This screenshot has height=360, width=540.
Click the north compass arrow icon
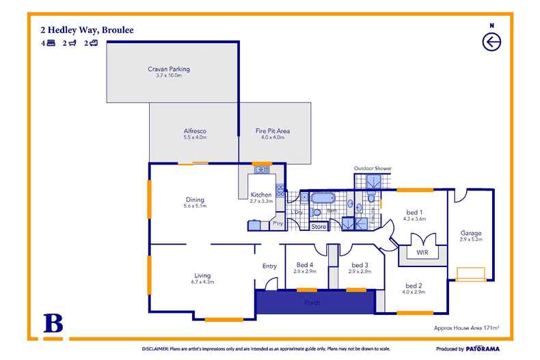point(491,42)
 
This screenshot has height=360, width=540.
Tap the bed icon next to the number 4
point(51,43)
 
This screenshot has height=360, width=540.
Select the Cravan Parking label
point(168,69)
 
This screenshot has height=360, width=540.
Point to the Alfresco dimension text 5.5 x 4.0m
point(195,137)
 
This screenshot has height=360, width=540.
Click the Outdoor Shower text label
point(373,168)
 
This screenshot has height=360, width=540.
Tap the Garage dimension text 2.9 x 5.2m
point(472,239)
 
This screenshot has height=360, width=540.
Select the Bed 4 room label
point(305,264)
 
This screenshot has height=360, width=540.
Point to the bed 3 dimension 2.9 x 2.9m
point(360,271)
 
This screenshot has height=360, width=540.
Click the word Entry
point(269,266)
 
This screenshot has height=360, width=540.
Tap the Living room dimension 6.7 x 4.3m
point(202,281)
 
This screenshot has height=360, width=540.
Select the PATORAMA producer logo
point(486,347)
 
